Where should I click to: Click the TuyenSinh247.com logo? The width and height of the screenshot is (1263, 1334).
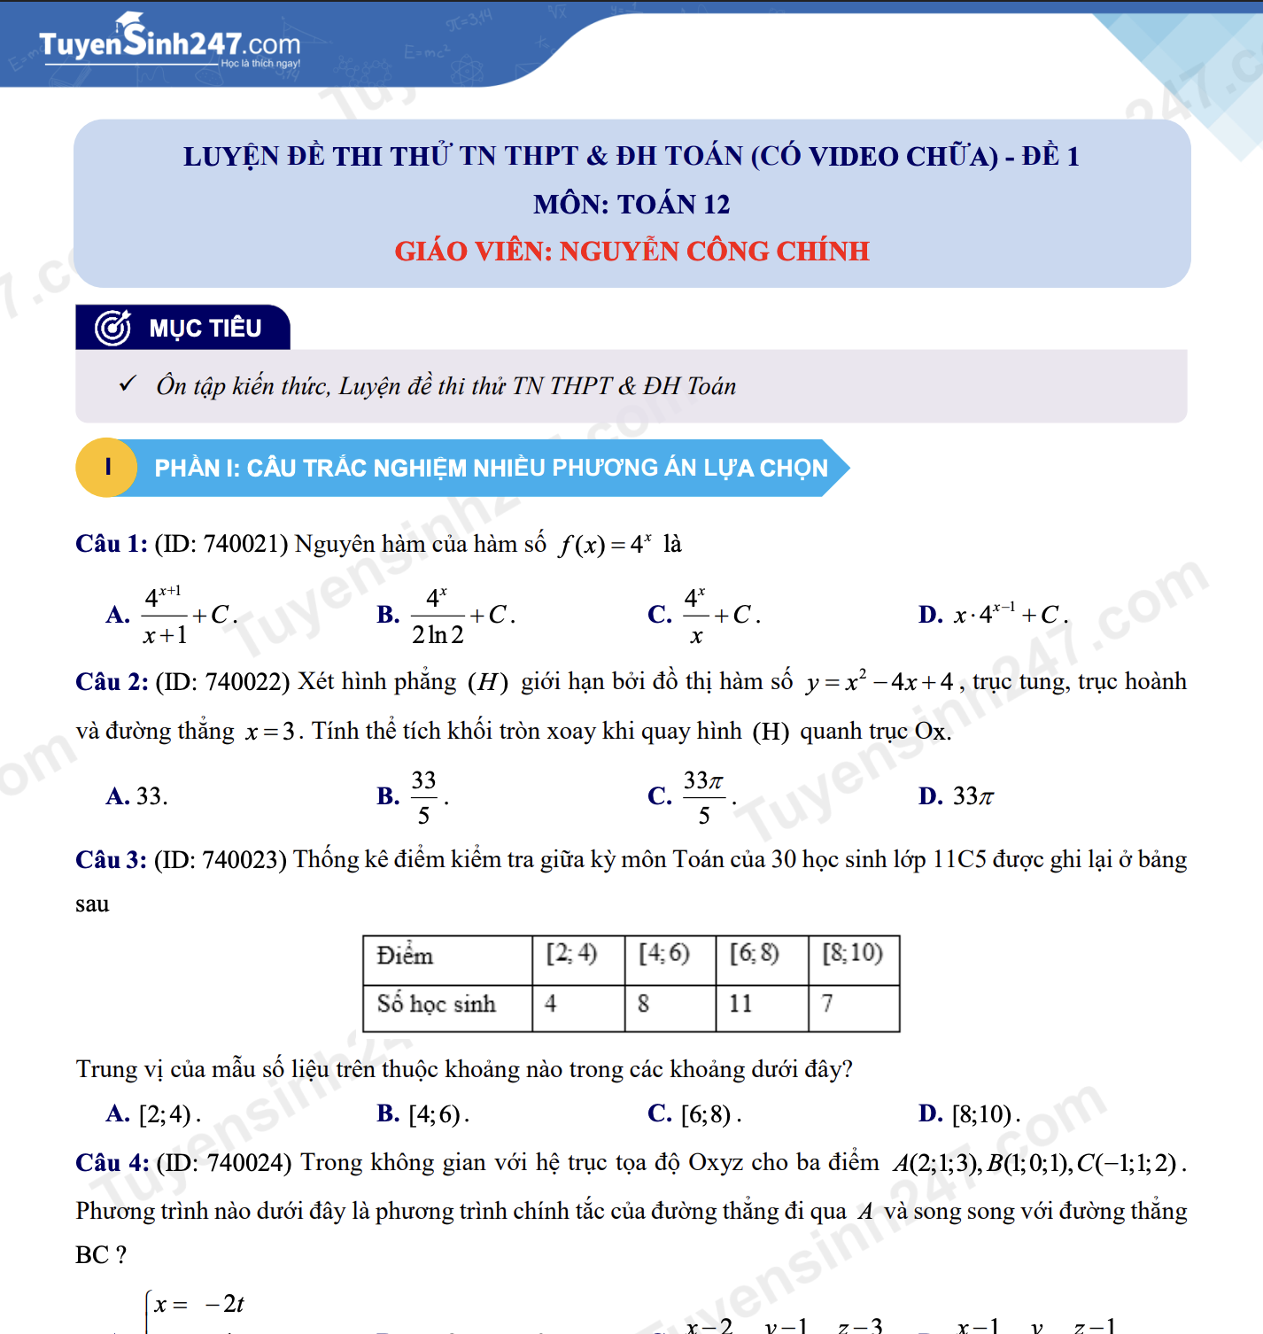point(169,42)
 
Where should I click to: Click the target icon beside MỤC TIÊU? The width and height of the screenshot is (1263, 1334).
point(113,328)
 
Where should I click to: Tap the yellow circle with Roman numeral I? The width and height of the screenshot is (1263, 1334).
point(107,468)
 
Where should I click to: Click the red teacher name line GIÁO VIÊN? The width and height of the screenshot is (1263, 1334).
point(631,252)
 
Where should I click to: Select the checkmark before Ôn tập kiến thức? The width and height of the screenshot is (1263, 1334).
point(128,384)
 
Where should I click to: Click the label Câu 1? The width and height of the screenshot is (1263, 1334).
point(112,544)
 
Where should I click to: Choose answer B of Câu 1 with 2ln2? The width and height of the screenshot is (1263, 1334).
point(446,615)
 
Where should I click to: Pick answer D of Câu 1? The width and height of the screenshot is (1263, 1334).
point(993,615)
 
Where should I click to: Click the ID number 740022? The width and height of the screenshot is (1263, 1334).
point(242,682)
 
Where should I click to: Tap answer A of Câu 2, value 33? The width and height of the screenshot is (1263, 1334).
point(136,796)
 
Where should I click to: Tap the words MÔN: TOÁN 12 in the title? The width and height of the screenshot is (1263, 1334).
point(631,205)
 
